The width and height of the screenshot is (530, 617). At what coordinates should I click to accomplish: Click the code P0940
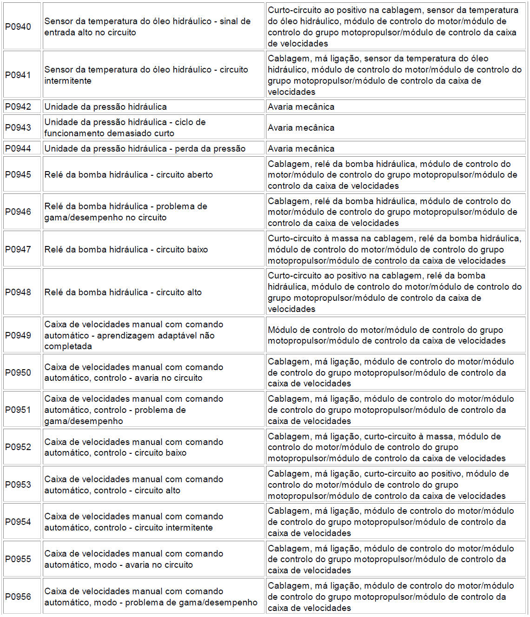coord(18,27)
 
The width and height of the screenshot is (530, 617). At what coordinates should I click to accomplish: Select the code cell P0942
coord(18,107)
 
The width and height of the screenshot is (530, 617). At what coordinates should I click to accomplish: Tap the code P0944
coord(18,149)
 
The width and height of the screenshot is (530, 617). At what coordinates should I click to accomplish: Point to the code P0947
coord(18,250)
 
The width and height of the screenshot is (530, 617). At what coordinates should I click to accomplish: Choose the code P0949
coord(18,336)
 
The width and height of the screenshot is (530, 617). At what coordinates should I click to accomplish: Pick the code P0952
coord(18,447)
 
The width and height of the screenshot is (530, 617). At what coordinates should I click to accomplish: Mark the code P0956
coord(18,597)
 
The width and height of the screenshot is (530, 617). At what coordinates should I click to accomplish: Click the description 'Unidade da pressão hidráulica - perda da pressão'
coord(145,149)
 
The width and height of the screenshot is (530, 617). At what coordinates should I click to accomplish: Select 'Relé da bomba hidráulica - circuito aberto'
coord(129,175)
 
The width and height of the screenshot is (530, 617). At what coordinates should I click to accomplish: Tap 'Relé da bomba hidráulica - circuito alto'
coord(123,292)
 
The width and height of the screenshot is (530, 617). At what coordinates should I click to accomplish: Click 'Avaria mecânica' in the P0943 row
coord(301,128)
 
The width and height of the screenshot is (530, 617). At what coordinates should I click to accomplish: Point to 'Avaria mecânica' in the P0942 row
coord(301,107)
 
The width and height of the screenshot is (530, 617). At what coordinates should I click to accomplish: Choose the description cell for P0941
coord(146,75)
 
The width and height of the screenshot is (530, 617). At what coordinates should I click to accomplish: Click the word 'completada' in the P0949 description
coord(68,346)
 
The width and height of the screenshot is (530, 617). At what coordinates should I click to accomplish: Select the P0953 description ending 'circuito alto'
coord(134,485)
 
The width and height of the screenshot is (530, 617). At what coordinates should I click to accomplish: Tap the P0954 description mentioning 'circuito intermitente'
coord(134,522)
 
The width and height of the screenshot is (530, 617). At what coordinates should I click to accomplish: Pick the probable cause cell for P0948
coord(395,292)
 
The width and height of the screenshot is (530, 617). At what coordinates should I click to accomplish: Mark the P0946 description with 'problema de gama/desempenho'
coord(126,212)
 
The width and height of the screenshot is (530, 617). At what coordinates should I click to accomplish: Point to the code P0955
coord(18,559)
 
